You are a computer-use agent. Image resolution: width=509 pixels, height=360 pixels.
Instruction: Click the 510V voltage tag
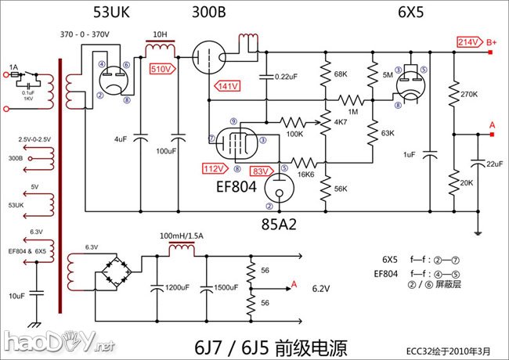(x=161, y=69)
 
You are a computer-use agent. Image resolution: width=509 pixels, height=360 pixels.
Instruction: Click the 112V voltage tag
(x=215, y=169)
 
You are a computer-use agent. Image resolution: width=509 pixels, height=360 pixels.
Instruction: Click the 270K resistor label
(x=470, y=94)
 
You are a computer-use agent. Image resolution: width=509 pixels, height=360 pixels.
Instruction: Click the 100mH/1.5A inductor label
(x=182, y=236)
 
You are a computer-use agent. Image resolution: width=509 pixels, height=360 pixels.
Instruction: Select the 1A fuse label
(x=13, y=67)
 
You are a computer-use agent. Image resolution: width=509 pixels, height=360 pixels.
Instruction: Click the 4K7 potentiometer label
(x=340, y=123)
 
